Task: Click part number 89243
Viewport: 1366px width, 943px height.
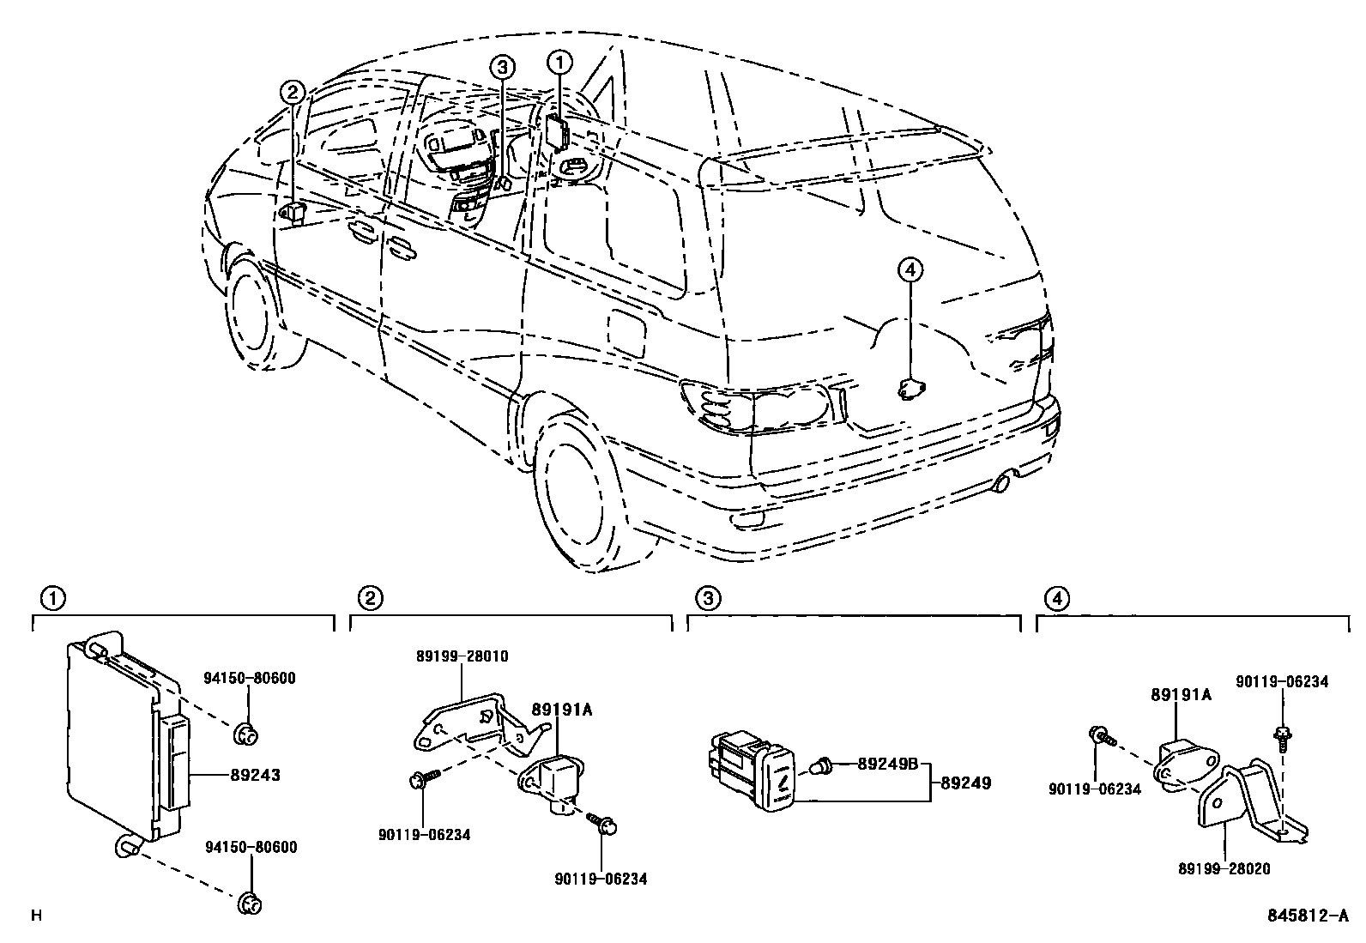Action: pyautogui.click(x=255, y=775)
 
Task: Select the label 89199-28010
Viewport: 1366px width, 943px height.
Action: pyautogui.click(x=462, y=656)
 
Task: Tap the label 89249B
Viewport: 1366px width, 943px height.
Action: pyautogui.click(x=887, y=763)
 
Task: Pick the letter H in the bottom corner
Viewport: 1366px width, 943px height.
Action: pyautogui.click(x=36, y=916)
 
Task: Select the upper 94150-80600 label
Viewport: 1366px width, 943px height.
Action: pyautogui.click(x=250, y=678)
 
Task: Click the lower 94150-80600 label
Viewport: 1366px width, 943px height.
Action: pyautogui.click(x=250, y=848)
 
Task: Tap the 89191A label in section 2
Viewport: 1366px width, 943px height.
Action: pyautogui.click(x=562, y=709)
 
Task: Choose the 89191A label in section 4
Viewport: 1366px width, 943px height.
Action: pyautogui.click(x=1181, y=695)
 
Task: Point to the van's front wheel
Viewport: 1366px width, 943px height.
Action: pyautogui.click(x=255, y=316)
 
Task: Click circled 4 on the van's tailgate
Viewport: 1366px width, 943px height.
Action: pyautogui.click(x=910, y=270)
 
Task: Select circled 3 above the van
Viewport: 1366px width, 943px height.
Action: pyautogui.click(x=502, y=66)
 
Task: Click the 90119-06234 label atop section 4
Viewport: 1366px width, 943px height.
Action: pyautogui.click(x=1281, y=681)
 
